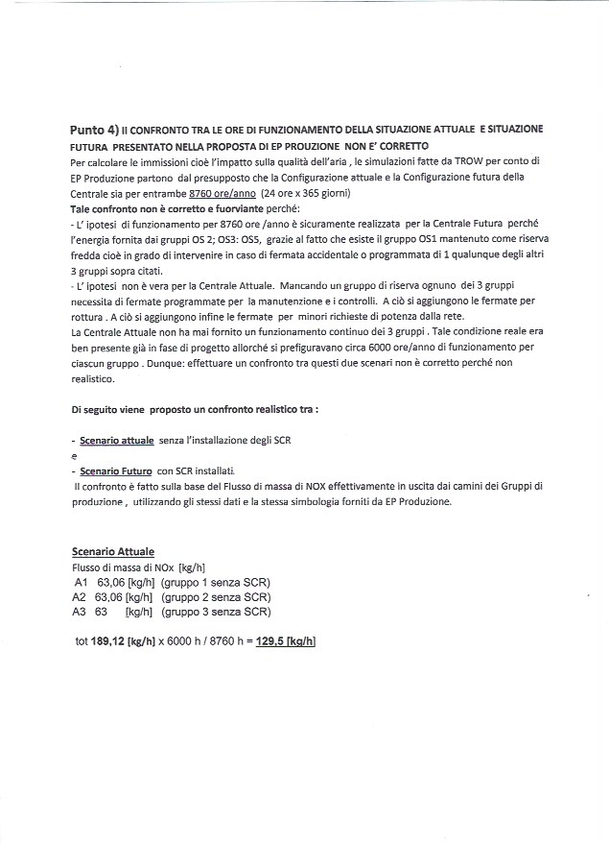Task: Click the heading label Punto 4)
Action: [95, 128]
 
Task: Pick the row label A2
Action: [81, 596]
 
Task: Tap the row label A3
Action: [81, 612]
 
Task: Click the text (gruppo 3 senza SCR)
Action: [216, 612]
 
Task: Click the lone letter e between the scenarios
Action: [74, 457]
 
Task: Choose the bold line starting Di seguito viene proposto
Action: [195, 408]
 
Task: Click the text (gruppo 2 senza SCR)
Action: [216, 596]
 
